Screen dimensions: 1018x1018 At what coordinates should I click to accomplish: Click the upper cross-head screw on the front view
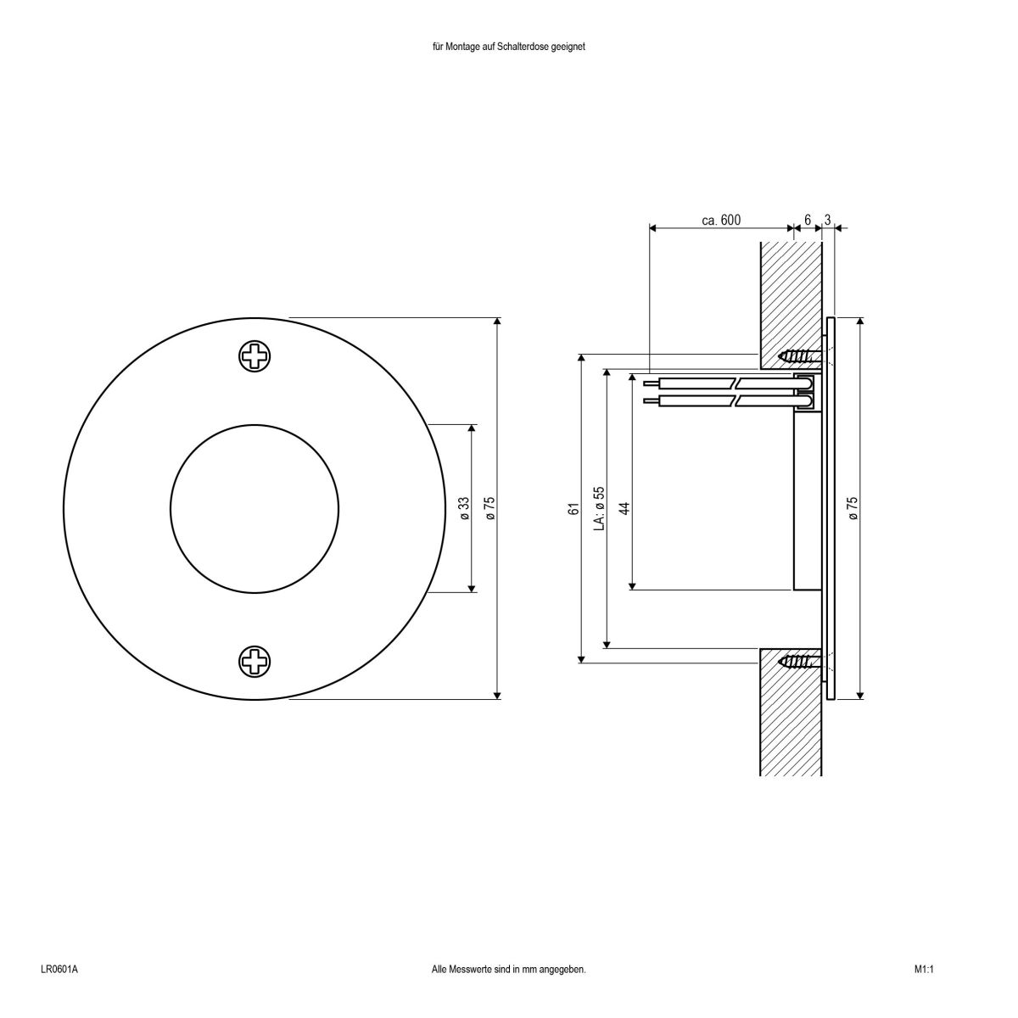click(254, 356)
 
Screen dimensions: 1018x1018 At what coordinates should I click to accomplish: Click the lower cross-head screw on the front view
click(254, 661)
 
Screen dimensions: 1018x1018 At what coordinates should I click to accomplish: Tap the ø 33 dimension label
click(464, 507)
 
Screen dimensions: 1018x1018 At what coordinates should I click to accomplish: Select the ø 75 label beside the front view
click(489, 507)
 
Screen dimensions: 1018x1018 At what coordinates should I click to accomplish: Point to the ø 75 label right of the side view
click(853, 507)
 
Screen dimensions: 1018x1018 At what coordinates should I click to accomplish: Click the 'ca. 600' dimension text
click(721, 220)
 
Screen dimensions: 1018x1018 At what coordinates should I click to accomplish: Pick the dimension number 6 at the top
click(808, 220)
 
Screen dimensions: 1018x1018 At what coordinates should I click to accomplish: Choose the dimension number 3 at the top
click(827, 220)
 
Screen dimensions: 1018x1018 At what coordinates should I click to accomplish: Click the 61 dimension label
click(573, 508)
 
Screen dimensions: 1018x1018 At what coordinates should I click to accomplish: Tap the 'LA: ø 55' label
click(599, 507)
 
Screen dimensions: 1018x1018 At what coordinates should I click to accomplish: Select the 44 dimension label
click(624, 508)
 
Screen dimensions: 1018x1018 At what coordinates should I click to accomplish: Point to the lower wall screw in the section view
click(799, 661)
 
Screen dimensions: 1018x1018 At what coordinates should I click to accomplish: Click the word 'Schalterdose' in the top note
click(530, 48)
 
